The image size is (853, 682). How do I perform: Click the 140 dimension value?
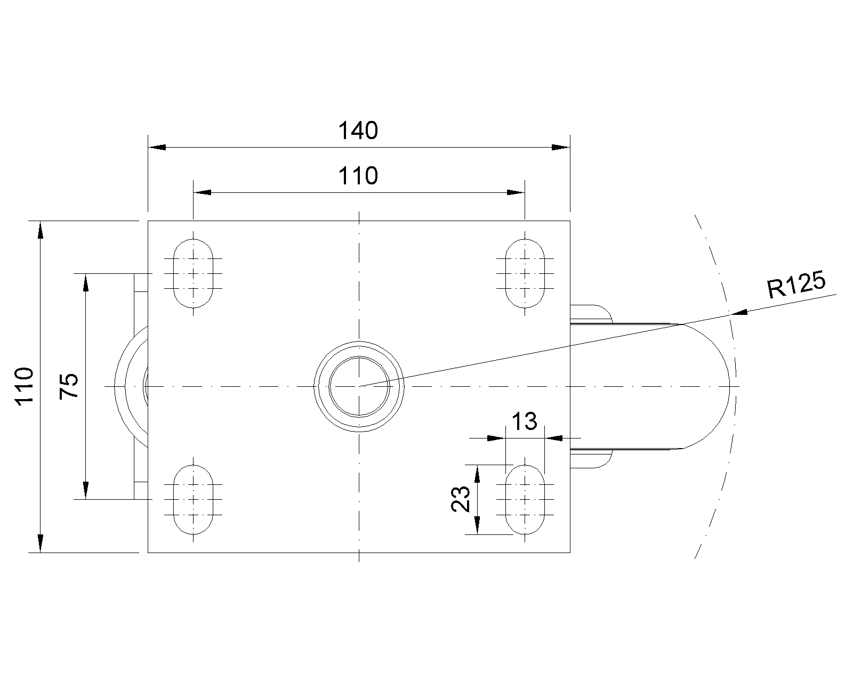pyautogui.click(x=358, y=131)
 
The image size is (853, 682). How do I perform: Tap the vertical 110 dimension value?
pyautogui.click(x=24, y=386)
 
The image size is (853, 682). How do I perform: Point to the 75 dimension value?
pyautogui.click(x=69, y=386)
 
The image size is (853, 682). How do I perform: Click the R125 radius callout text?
pyautogui.click(x=797, y=284)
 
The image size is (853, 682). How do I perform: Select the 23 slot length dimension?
pyautogui.click(x=461, y=499)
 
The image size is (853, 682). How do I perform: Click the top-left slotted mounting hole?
pyautogui.click(x=193, y=273)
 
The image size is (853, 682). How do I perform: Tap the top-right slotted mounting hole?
pyautogui.click(x=525, y=273)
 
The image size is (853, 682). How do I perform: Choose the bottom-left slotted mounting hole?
pyautogui.click(x=193, y=499)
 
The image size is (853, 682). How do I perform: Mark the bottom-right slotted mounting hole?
pyautogui.click(x=525, y=499)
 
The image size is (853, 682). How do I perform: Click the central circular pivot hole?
pyautogui.click(x=359, y=386)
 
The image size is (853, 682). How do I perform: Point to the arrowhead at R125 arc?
pyautogui.click(x=739, y=313)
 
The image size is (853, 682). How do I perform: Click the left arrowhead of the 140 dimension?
pyautogui.click(x=157, y=148)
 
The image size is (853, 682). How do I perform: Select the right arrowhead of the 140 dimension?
pyautogui.click(x=561, y=148)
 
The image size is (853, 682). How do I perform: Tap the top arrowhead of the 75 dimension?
pyautogui.click(x=86, y=282)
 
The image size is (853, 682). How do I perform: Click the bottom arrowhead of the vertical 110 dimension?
pyautogui.click(x=40, y=543)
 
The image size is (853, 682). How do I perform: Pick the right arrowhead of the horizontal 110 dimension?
pyautogui.click(x=516, y=192)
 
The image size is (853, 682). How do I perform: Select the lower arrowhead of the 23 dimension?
pyautogui.click(x=477, y=525)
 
